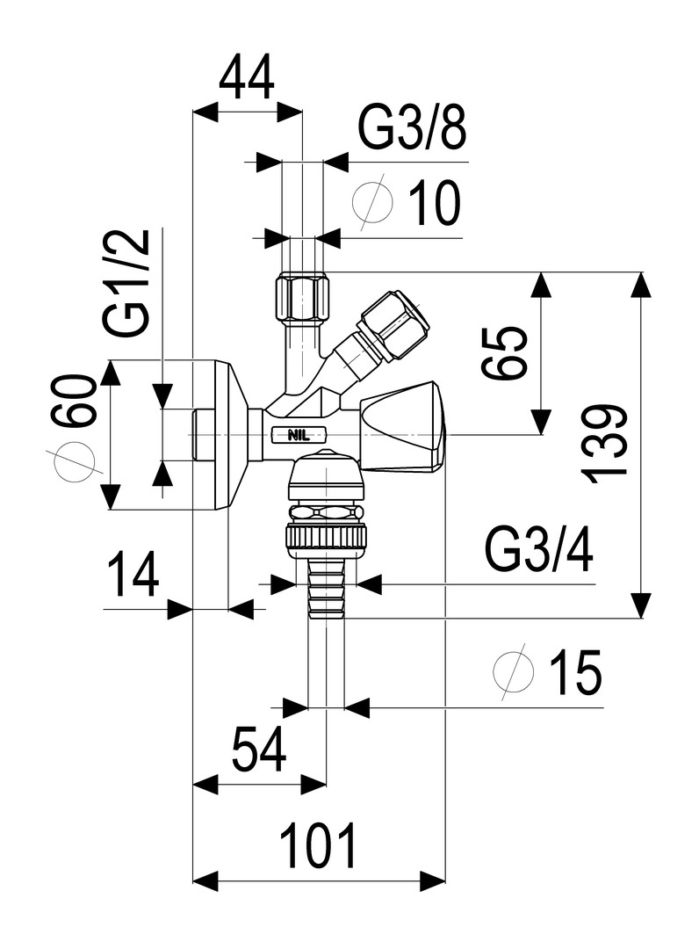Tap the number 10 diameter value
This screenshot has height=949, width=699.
click(x=435, y=202)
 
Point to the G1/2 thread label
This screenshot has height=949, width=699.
click(x=127, y=283)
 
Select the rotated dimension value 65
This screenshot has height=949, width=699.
click(x=505, y=353)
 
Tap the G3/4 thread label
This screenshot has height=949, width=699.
click(x=539, y=550)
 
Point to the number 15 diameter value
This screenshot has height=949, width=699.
click(x=576, y=672)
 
